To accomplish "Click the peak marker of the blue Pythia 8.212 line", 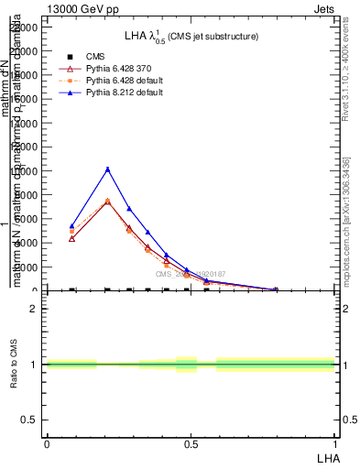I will (108, 169).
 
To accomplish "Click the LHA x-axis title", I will (327, 456).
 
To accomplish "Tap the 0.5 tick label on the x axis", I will (191, 443).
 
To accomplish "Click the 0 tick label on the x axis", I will (47, 443).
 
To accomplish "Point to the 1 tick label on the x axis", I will (335, 443).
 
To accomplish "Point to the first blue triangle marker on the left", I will (71, 225).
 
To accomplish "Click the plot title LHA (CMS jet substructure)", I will (191, 36).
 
